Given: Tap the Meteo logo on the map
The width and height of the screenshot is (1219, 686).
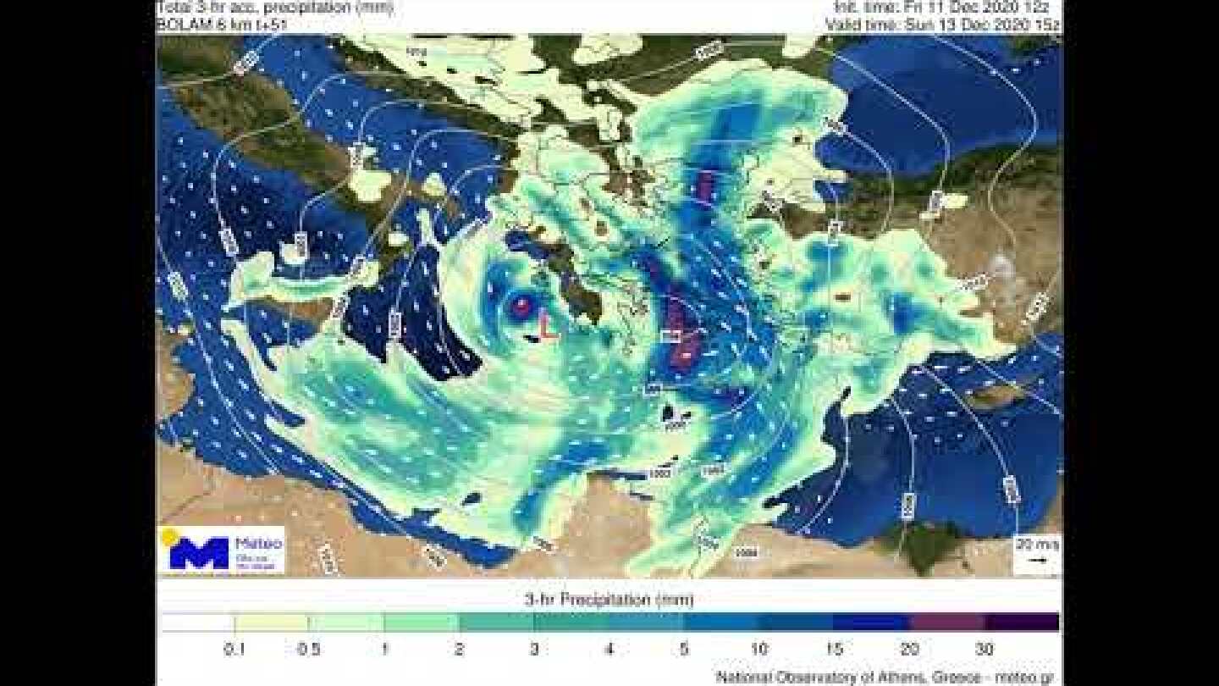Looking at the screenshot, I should [x=221, y=550].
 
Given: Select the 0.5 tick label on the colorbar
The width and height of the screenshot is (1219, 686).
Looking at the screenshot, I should [x=310, y=650].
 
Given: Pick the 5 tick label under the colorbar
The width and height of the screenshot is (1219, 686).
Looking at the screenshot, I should [x=684, y=650].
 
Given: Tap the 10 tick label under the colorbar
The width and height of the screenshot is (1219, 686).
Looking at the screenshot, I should [x=758, y=650].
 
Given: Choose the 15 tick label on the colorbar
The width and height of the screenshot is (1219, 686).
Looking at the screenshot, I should [x=834, y=650].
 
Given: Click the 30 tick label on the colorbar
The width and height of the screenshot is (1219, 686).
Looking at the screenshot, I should [x=984, y=650].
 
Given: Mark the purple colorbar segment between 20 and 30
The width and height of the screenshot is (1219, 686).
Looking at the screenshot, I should [x=946, y=622].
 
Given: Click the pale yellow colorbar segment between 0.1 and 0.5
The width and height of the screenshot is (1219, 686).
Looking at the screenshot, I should [x=272, y=622].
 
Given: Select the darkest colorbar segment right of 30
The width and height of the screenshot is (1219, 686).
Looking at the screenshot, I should [x=1021, y=622].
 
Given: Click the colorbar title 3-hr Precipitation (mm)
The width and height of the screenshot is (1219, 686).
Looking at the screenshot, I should [x=609, y=600].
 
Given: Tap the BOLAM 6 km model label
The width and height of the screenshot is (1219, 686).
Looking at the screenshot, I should [x=223, y=25].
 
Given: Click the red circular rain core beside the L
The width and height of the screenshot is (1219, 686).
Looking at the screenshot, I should [x=520, y=306].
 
